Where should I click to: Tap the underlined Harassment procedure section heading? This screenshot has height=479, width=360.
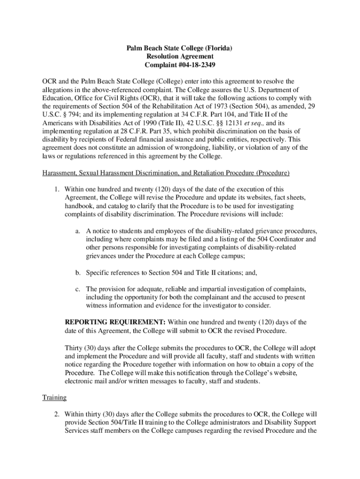166,173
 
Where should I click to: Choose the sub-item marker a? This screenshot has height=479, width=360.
77,231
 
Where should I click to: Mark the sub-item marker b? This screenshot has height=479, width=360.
78,272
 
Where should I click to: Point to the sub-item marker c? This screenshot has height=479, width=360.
77,289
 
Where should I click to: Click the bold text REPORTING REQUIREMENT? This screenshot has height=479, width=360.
115,322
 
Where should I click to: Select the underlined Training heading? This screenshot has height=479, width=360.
54,398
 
